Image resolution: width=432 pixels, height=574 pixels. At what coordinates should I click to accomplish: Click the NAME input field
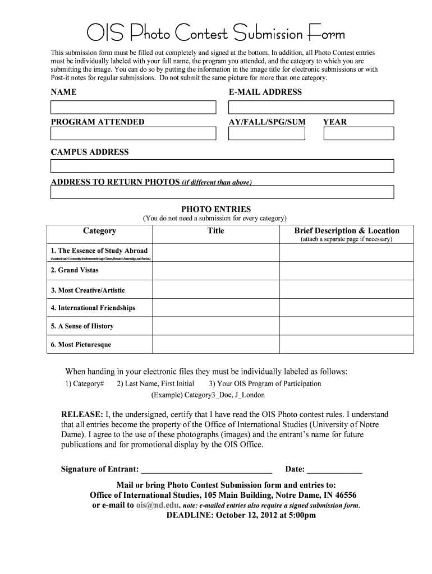(133, 107)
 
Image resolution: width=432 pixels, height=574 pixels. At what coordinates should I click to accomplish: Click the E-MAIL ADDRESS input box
(311, 107)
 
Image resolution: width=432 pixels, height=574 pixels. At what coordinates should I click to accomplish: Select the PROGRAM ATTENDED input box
(133, 133)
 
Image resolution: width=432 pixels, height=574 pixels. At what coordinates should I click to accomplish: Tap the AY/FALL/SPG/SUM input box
(266, 133)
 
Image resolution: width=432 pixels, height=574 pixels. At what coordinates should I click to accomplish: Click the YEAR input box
(359, 133)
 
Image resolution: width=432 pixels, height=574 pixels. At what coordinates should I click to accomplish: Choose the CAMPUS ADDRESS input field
(222, 166)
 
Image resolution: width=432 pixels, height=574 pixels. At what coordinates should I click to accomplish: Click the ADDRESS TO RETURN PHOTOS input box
(222, 192)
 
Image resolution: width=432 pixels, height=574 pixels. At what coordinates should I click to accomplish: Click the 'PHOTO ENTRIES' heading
(215, 209)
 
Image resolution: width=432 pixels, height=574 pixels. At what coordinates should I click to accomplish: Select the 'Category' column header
(99, 231)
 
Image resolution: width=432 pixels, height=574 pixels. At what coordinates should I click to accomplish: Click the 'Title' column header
(215, 231)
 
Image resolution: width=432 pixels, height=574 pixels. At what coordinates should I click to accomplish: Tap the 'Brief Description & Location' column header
(347, 231)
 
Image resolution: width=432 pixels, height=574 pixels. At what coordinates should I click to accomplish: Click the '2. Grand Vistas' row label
(75, 270)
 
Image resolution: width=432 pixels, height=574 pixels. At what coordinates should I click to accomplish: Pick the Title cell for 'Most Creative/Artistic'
(215, 290)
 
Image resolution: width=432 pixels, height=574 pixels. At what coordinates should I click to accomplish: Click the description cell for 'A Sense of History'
(347, 326)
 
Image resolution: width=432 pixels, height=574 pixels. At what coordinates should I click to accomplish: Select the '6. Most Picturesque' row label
(81, 344)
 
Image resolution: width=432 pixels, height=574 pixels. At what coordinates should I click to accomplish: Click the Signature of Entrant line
(206, 470)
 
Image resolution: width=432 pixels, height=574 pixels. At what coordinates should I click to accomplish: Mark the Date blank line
(335, 470)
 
